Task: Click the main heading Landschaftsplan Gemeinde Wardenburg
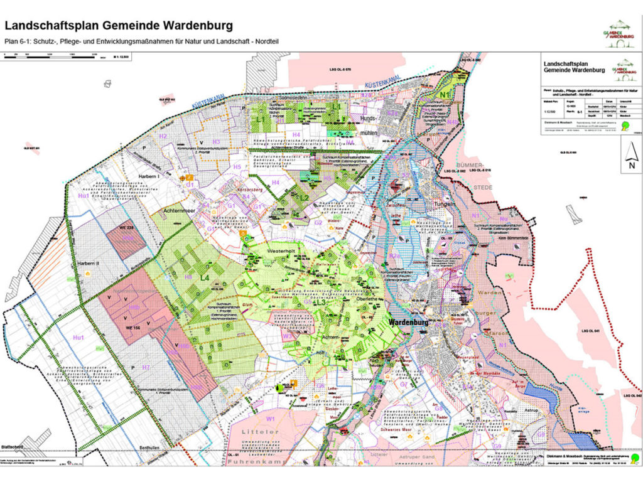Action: (x=119, y=26)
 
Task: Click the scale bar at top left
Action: (x=50, y=56)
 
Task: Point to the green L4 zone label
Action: (x=205, y=277)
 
